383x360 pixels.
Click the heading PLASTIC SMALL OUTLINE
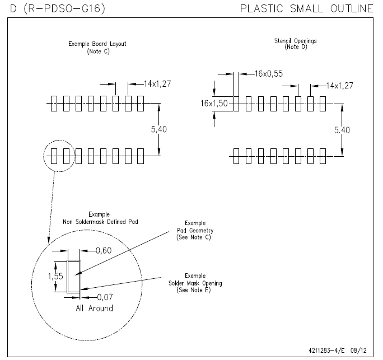click(x=306, y=9)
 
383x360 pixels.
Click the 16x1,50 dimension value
click(x=215, y=103)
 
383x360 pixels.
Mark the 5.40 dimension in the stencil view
click(x=343, y=130)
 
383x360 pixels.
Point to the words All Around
click(x=94, y=308)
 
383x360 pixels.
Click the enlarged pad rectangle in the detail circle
click(x=73, y=277)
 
